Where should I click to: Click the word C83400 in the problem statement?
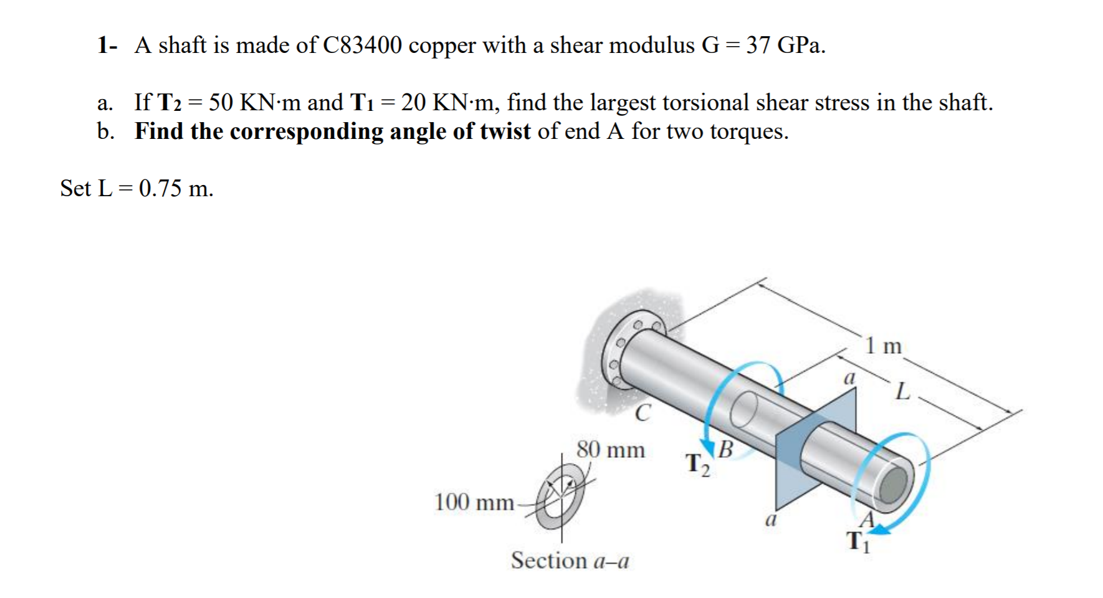pos(362,45)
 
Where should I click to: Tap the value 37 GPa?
pos(785,45)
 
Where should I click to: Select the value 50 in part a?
pos(221,102)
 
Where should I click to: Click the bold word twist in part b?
pos(505,131)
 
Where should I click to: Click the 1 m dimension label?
pos(884,345)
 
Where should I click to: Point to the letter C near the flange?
pos(642,412)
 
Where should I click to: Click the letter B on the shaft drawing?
pos(726,448)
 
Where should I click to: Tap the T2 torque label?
pos(697,465)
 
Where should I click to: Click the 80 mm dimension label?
pos(610,449)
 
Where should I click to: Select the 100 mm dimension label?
pos(474,501)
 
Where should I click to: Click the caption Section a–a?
pos(570,561)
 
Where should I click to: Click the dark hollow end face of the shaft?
pos(894,483)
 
